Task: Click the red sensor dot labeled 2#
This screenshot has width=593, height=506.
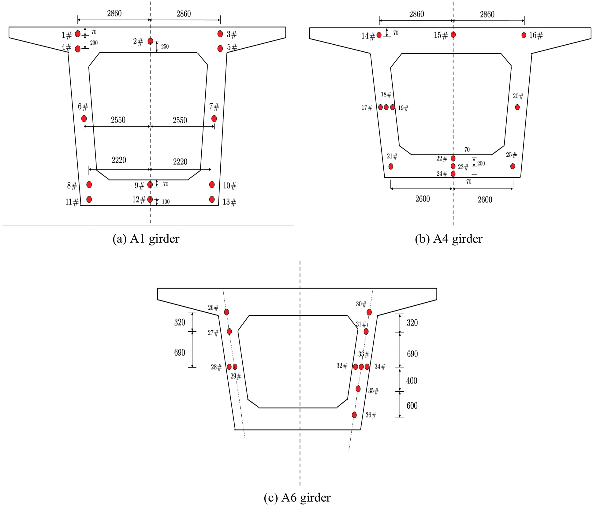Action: [x=150, y=41]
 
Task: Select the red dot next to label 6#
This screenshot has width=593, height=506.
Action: [x=84, y=119]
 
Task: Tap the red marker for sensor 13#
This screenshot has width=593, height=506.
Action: [x=212, y=199]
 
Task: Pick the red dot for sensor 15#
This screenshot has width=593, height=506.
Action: [x=453, y=35]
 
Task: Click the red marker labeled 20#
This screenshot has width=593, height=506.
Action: [x=517, y=107]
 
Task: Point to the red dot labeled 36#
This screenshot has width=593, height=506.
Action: [x=354, y=415]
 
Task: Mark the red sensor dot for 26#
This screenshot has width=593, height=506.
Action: [x=226, y=312]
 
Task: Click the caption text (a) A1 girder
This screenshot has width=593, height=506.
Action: [x=146, y=239]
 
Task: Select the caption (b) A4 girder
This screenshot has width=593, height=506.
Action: [x=449, y=239]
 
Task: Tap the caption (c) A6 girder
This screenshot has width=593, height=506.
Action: [x=297, y=497]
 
